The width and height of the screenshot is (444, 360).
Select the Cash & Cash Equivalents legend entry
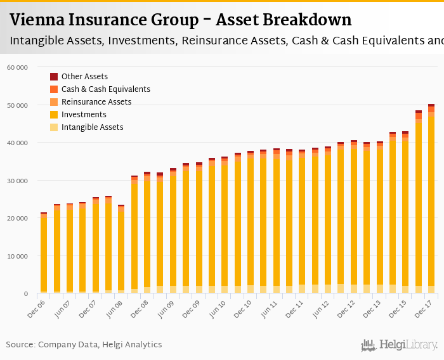[x=105, y=89]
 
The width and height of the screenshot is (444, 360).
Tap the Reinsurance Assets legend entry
[x=96, y=102]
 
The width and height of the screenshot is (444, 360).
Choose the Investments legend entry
[x=84, y=115]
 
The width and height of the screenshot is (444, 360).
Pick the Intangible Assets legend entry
[x=92, y=127]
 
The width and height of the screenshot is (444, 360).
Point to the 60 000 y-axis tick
[x=17, y=67]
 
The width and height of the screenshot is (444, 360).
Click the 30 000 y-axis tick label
[x=17, y=181]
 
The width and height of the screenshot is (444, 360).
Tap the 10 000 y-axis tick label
[x=17, y=256]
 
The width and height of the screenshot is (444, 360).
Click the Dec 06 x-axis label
[x=37, y=306]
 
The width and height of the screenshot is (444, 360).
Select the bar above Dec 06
[x=43, y=254]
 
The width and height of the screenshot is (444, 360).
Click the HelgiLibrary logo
[x=400, y=345]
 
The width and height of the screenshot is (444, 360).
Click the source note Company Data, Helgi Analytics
[x=84, y=345]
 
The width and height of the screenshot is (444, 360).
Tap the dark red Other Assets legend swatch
[x=54, y=77]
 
